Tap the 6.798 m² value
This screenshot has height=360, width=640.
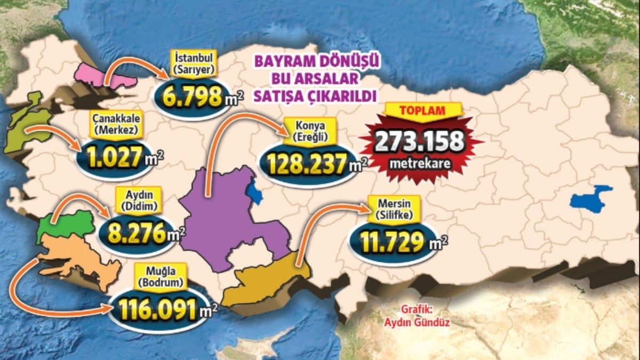pos(192,96)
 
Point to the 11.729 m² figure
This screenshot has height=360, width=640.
pos(392,243)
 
